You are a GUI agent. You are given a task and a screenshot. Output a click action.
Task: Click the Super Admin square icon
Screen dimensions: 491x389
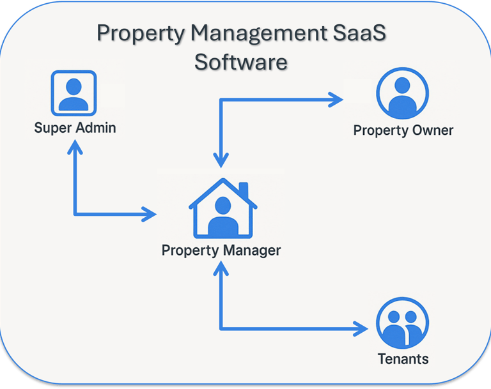tap(74, 93)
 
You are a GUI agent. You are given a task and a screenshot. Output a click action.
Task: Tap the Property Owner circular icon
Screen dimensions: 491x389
tap(402, 93)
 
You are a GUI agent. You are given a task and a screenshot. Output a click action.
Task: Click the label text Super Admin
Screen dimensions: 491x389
tap(75, 128)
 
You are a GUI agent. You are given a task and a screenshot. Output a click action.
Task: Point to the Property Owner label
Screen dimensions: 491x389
tap(403, 130)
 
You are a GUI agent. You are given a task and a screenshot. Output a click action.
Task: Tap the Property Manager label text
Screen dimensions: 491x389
tap(221, 250)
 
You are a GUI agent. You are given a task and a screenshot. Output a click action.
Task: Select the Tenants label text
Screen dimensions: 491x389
tap(403, 358)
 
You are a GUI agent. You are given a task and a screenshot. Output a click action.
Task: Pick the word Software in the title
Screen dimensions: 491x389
tap(241, 62)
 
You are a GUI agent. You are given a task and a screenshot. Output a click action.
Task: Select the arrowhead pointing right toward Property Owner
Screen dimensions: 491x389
tap(336, 99)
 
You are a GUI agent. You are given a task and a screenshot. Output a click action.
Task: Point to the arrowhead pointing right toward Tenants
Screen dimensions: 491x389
tap(361, 329)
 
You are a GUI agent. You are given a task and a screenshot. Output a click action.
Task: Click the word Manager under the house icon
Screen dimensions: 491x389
tap(250, 250)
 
